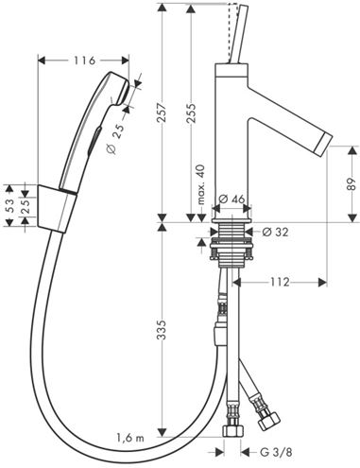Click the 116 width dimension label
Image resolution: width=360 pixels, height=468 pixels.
tap(84, 61)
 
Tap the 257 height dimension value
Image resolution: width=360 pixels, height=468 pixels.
tap(162, 113)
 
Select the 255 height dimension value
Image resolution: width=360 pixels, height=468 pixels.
tap(191, 113)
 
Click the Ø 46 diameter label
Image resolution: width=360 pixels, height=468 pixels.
tap(231, 199)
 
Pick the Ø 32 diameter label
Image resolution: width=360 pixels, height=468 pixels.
tap(275, 233)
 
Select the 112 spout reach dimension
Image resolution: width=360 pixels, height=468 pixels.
tap(280, 282)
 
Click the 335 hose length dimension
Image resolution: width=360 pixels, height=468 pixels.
tap(162, 330)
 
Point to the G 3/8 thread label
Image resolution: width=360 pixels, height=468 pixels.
tap(276, 453)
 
